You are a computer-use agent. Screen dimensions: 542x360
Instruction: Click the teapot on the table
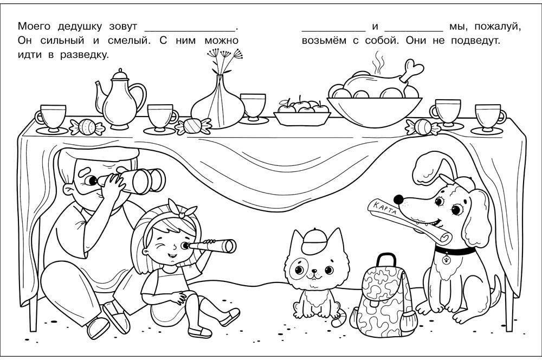point(120,100)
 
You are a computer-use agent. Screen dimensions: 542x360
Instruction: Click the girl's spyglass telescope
point(212,246)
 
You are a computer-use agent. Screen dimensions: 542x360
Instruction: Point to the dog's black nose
point(398,199)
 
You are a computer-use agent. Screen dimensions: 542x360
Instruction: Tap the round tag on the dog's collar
point(446,259)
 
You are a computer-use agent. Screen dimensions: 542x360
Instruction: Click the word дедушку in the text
point(80,27)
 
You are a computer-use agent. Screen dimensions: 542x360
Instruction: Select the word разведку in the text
point(85,55)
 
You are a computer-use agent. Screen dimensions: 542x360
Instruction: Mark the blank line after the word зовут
point(189,31)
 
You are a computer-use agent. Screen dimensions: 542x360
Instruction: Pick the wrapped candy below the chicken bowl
point(422,127)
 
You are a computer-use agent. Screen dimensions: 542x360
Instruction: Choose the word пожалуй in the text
point(497,27)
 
